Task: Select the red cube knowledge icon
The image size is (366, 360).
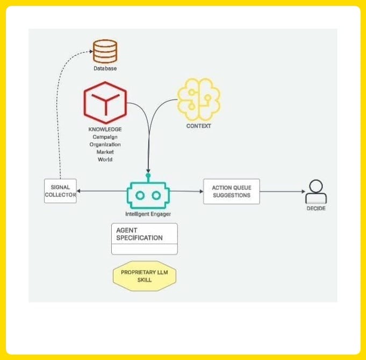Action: (x=105, y=102)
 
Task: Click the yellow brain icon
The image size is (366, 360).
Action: (x=198, y=99)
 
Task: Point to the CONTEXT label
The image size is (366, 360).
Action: (x=198, y=126)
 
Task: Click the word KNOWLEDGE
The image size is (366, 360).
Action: (x=105, y=129)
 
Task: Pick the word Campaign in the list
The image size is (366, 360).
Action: (x=105, y=137)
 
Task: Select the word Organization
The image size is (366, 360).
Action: (x=105, y=144)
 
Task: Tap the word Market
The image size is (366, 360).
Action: (x=105, y=152)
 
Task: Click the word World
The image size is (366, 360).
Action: (x=105, y=159)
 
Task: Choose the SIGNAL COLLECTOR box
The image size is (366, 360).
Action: (x=60, y=191)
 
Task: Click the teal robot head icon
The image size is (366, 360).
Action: (x=148, y=194)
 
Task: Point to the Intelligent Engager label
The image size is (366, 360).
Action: (x=148, y=214)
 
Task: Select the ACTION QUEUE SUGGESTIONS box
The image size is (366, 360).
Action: (x=231, y=191)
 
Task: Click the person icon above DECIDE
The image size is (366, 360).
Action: (x=315, y=190)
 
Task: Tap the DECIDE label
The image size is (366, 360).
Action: (x=315, y=208)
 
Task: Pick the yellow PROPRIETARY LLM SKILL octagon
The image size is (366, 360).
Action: (x=145, y=276)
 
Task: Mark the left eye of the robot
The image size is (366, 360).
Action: (x=140, y=195)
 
